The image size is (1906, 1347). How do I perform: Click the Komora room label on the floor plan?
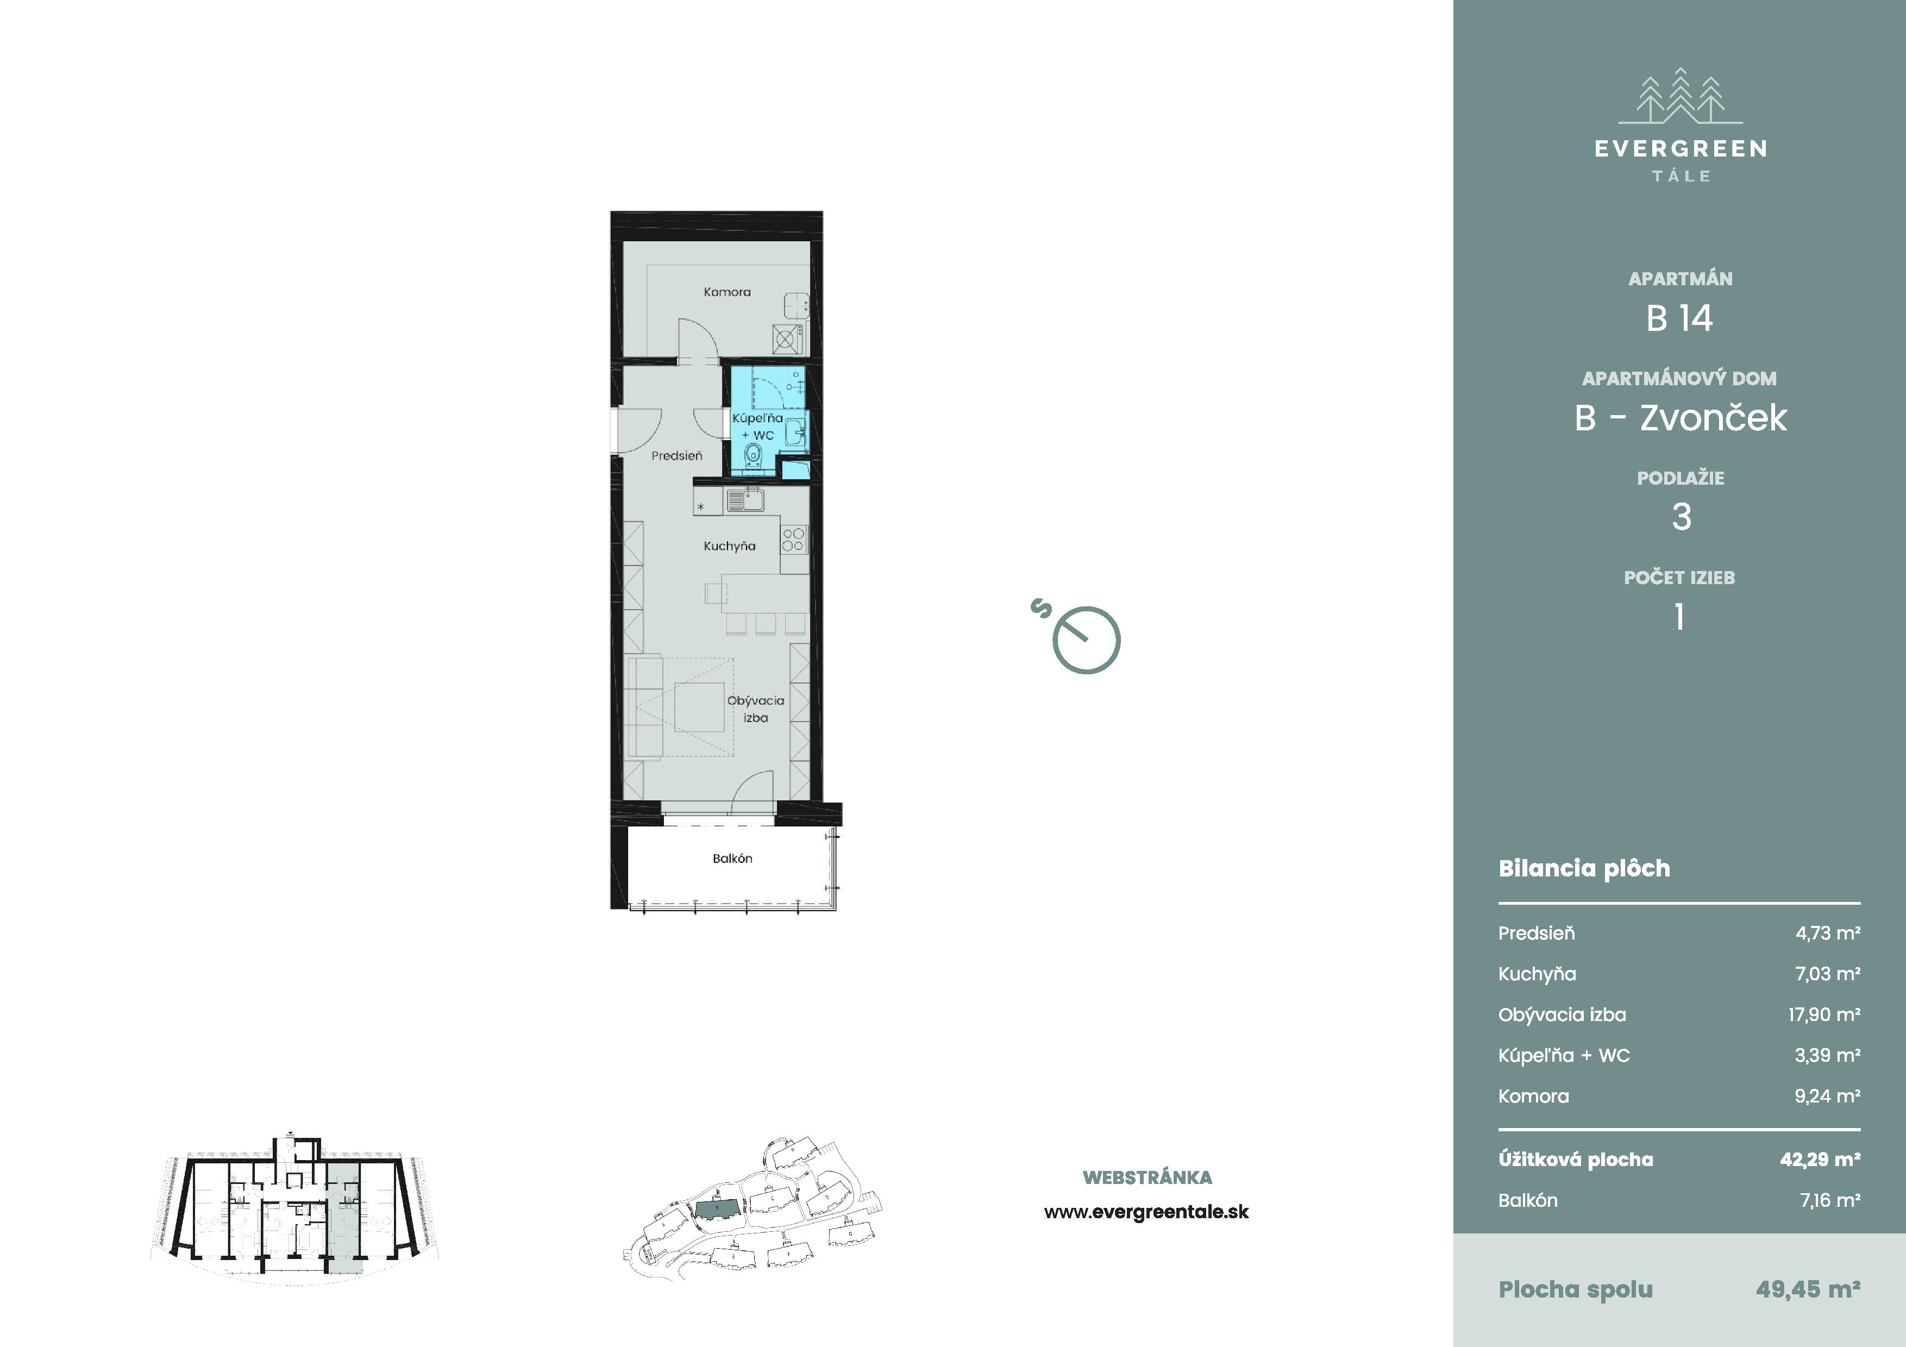pyautogui.click(x=726, y=292)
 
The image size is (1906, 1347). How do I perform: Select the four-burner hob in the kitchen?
pyautogui.click(x=793, y=540)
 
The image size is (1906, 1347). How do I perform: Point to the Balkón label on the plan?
pyautogui.click(x=732, y=858)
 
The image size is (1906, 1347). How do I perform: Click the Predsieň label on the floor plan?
pyautogui.click(x=676, y=456)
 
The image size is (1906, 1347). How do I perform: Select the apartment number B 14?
pyautogui.click(x=1679, y=318)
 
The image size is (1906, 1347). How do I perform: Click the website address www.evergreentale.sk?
pyautogui.click(x=1146, y=1212)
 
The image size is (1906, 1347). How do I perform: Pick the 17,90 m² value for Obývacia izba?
pyautogui.click(x=1824, y=1014)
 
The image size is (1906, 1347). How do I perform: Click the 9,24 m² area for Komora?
pyautogui.click(x=1827, y=1095)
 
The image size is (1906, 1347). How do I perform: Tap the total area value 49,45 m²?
pyautogui.click(x=1808, y=1289)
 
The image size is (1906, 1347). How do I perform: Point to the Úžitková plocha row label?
pyautogui.click(x=1576, y=1160)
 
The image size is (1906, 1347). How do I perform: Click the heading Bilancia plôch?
pyautogui.click(x=1584, y=868)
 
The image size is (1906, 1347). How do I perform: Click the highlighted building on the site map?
pyautogui.click(x=717, y=1208)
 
